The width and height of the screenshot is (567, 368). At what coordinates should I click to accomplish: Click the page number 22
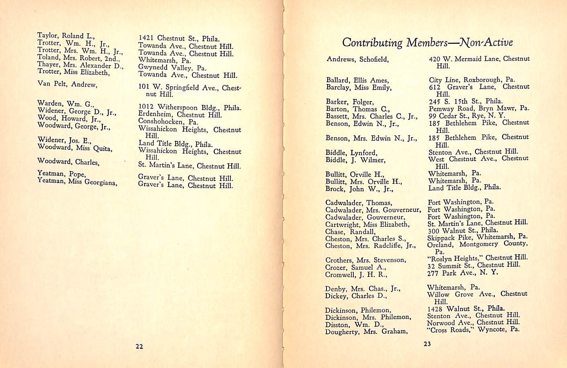tap(139, 346)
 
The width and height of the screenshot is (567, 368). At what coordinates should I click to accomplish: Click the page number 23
tap(427, 344)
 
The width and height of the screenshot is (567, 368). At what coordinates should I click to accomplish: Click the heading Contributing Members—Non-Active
tap(427, 42)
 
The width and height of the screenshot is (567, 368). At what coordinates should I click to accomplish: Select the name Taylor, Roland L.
tap(66, 36)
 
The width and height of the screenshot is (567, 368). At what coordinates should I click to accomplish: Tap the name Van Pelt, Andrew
tap(67, 84)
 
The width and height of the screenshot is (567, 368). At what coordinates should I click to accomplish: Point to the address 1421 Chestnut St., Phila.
tap(179, 39)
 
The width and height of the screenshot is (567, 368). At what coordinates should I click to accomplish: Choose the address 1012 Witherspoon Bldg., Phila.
tap(190, 108)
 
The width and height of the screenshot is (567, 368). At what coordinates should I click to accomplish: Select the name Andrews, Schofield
tap(357, 59)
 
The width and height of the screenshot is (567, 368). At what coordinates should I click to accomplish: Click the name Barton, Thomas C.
tap(357, 109)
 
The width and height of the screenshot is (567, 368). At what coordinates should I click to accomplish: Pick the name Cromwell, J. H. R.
tap(356, 275)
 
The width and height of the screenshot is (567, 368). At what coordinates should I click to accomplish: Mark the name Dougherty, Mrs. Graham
tap(366, 331)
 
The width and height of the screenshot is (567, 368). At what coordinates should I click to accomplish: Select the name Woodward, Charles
tap(68, 162)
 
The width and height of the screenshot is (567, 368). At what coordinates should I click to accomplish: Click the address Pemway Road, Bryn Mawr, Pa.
tap(479, 109)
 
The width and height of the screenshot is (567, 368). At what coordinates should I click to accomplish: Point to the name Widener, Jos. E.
tap(64, 140)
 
